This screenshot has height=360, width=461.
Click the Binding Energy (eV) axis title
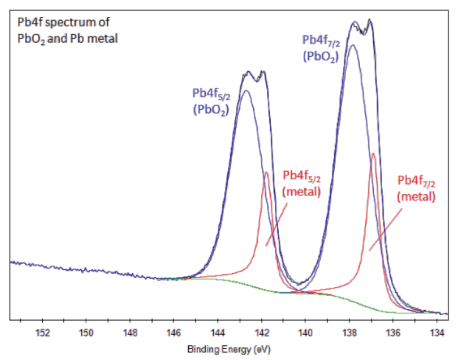[x=229, y=348]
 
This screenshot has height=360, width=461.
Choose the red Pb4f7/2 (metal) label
[x=417, y=188]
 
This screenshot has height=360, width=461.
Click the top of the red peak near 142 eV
[x=266, y=173]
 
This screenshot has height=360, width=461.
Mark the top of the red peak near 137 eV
[x=373, y=153]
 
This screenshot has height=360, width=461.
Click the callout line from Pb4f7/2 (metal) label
[x=385, y=229]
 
